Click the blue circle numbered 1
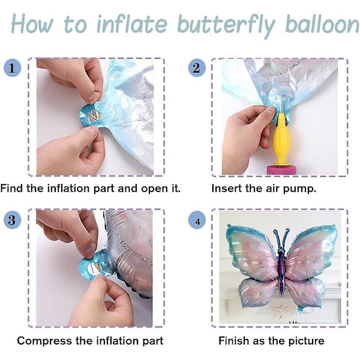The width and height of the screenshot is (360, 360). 12,68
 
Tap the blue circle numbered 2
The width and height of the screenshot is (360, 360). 197,68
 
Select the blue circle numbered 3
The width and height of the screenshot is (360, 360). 12,220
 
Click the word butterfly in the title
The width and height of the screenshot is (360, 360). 226,25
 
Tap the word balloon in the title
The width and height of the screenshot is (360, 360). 322,23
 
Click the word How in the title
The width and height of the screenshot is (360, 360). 32,23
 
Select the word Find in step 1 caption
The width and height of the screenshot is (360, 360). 11,188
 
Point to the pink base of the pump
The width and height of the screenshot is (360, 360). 281,169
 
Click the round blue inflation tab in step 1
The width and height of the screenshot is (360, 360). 91,115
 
